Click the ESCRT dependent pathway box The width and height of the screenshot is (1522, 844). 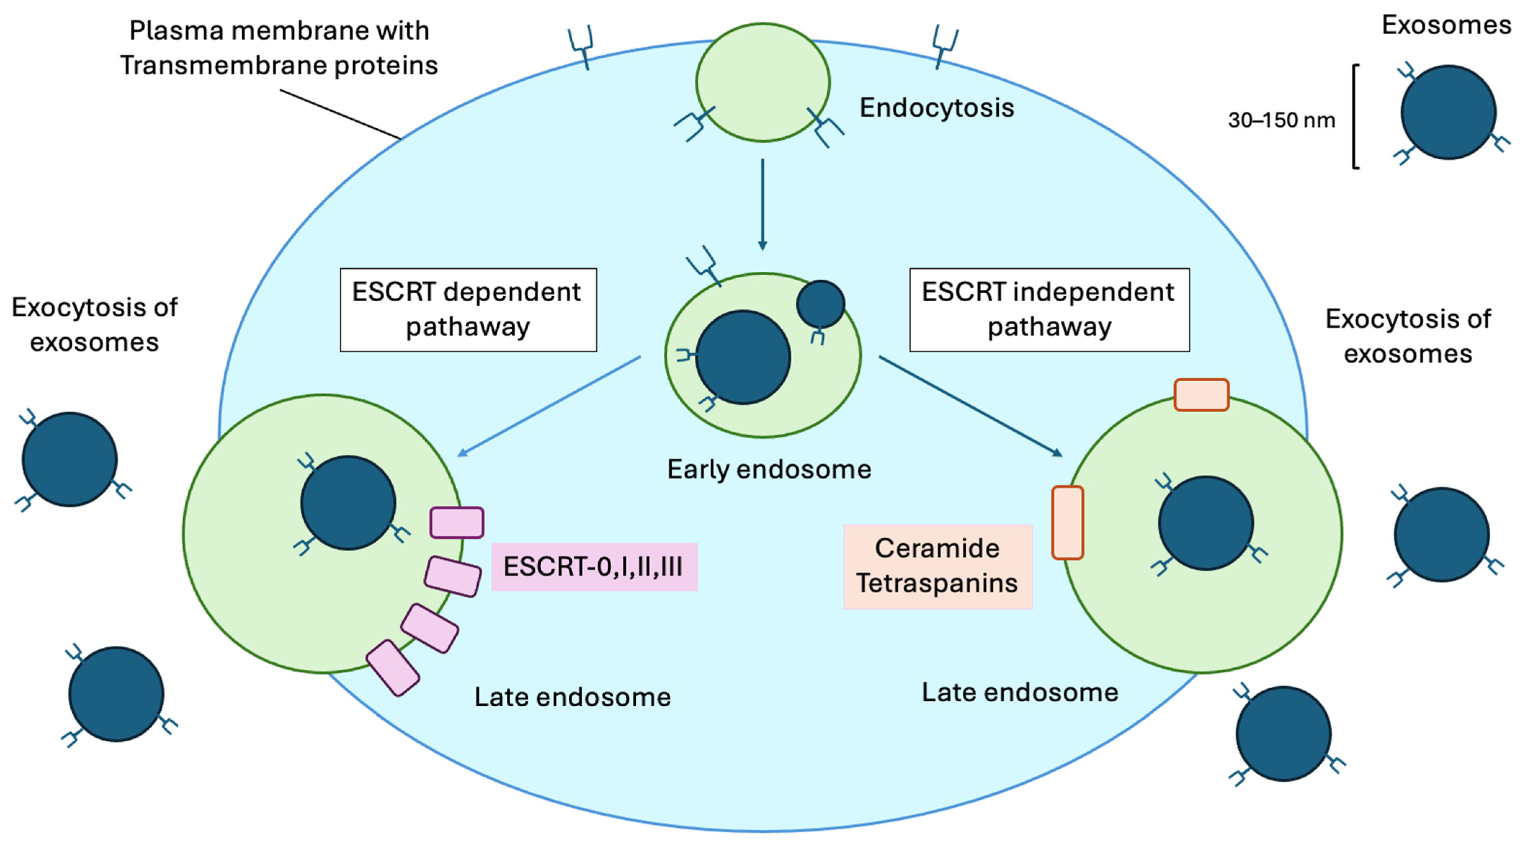tap(468, 310)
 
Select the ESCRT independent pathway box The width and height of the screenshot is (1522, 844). tap(1049, 310)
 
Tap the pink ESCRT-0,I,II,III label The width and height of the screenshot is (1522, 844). tap(594, 567)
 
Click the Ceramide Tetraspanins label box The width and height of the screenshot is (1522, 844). tap(938, 566)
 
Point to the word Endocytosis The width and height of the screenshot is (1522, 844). tap(936, 107)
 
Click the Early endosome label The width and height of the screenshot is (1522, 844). tap(769, 469)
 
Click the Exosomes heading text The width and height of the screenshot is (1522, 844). tap(1446, 26)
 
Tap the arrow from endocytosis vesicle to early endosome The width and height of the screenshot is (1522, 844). tap(762, 204)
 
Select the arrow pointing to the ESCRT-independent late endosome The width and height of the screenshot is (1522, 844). tap(971, 406)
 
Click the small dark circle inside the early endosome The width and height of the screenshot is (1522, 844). tap(820, 304)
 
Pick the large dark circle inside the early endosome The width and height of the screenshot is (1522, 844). tap(743, 357)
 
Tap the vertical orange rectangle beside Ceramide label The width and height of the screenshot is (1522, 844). tap(1067, 523)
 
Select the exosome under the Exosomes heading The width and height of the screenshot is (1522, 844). tap(1448, 112)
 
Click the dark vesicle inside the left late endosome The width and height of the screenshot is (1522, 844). tap(348, 503)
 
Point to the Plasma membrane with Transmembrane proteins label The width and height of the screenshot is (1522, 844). tap(279, 48)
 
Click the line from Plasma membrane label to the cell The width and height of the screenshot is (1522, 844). tap(341, 114)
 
